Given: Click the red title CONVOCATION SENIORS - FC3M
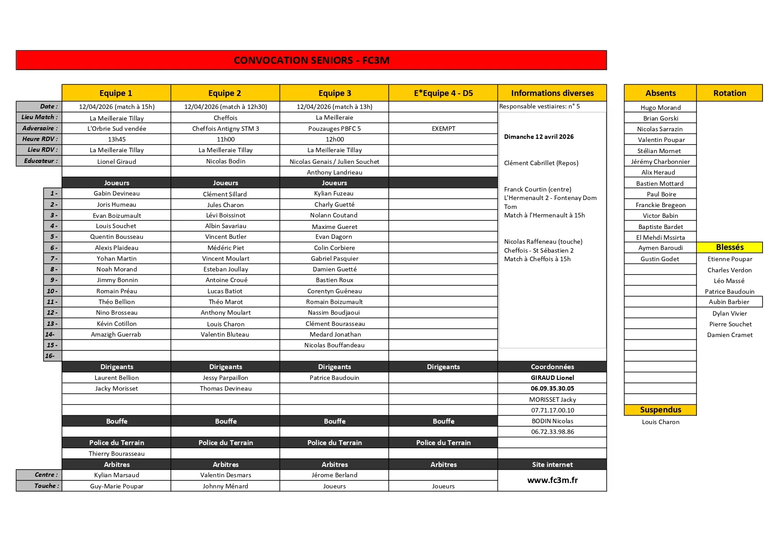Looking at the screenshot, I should pos(311,60).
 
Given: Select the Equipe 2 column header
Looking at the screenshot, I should pos(225,93).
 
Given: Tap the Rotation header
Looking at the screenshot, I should pos(729,93).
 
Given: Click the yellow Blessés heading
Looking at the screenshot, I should pos(729,247).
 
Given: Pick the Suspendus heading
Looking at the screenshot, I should pos(660,410).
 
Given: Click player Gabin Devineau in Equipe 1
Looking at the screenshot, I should pos(116,193).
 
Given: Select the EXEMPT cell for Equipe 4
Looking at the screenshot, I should pos(443,129).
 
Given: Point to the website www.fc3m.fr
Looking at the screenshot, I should pos(552,480).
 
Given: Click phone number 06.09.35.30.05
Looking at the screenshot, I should pos(552,388).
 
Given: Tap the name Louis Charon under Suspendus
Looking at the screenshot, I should pos(660,422).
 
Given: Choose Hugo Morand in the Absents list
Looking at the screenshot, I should pos(660,108).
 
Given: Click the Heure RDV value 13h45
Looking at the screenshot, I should pos(116,139).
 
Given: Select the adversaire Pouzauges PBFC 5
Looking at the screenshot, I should pos(334,129).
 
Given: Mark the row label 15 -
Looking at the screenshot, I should pos(52,345).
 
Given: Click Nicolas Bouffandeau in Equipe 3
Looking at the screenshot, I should pos(334,345).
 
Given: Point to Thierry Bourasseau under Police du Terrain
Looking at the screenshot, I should pos(116,454).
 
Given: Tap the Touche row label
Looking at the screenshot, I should pos(46,486).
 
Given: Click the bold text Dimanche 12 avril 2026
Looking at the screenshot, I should pos(539,137).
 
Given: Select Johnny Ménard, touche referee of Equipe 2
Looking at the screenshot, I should pos(225,486).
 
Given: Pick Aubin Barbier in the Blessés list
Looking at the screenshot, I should pos(729,302).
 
